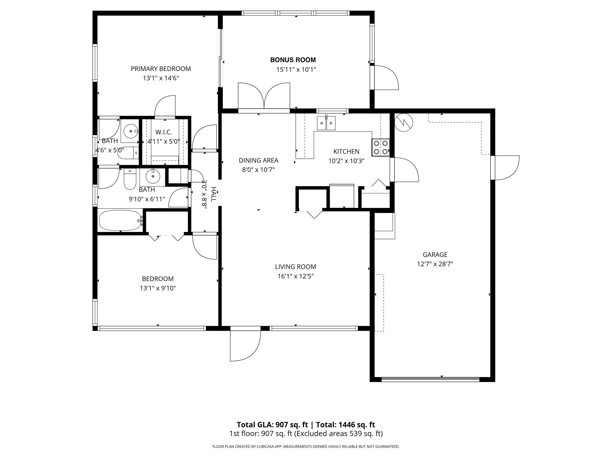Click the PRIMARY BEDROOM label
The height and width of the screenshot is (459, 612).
tap(161, 69)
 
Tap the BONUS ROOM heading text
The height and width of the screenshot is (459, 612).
tap(293, 60)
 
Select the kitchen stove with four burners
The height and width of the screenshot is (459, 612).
tap(381, 147)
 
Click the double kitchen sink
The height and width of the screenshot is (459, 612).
tap(326, 123)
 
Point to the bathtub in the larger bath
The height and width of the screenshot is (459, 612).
tap(120, 220)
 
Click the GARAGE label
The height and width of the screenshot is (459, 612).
tap(435, 255)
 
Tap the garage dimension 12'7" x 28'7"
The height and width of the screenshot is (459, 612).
tap(435, 264)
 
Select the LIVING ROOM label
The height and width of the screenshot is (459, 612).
tap(295, 267)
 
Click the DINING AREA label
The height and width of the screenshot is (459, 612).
tap(258, 161)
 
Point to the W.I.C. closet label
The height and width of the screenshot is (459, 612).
tap(164, 132)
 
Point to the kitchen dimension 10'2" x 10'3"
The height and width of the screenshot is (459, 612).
tap(346, 161)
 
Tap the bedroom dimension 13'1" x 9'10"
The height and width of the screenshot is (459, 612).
tap(158, 288)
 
